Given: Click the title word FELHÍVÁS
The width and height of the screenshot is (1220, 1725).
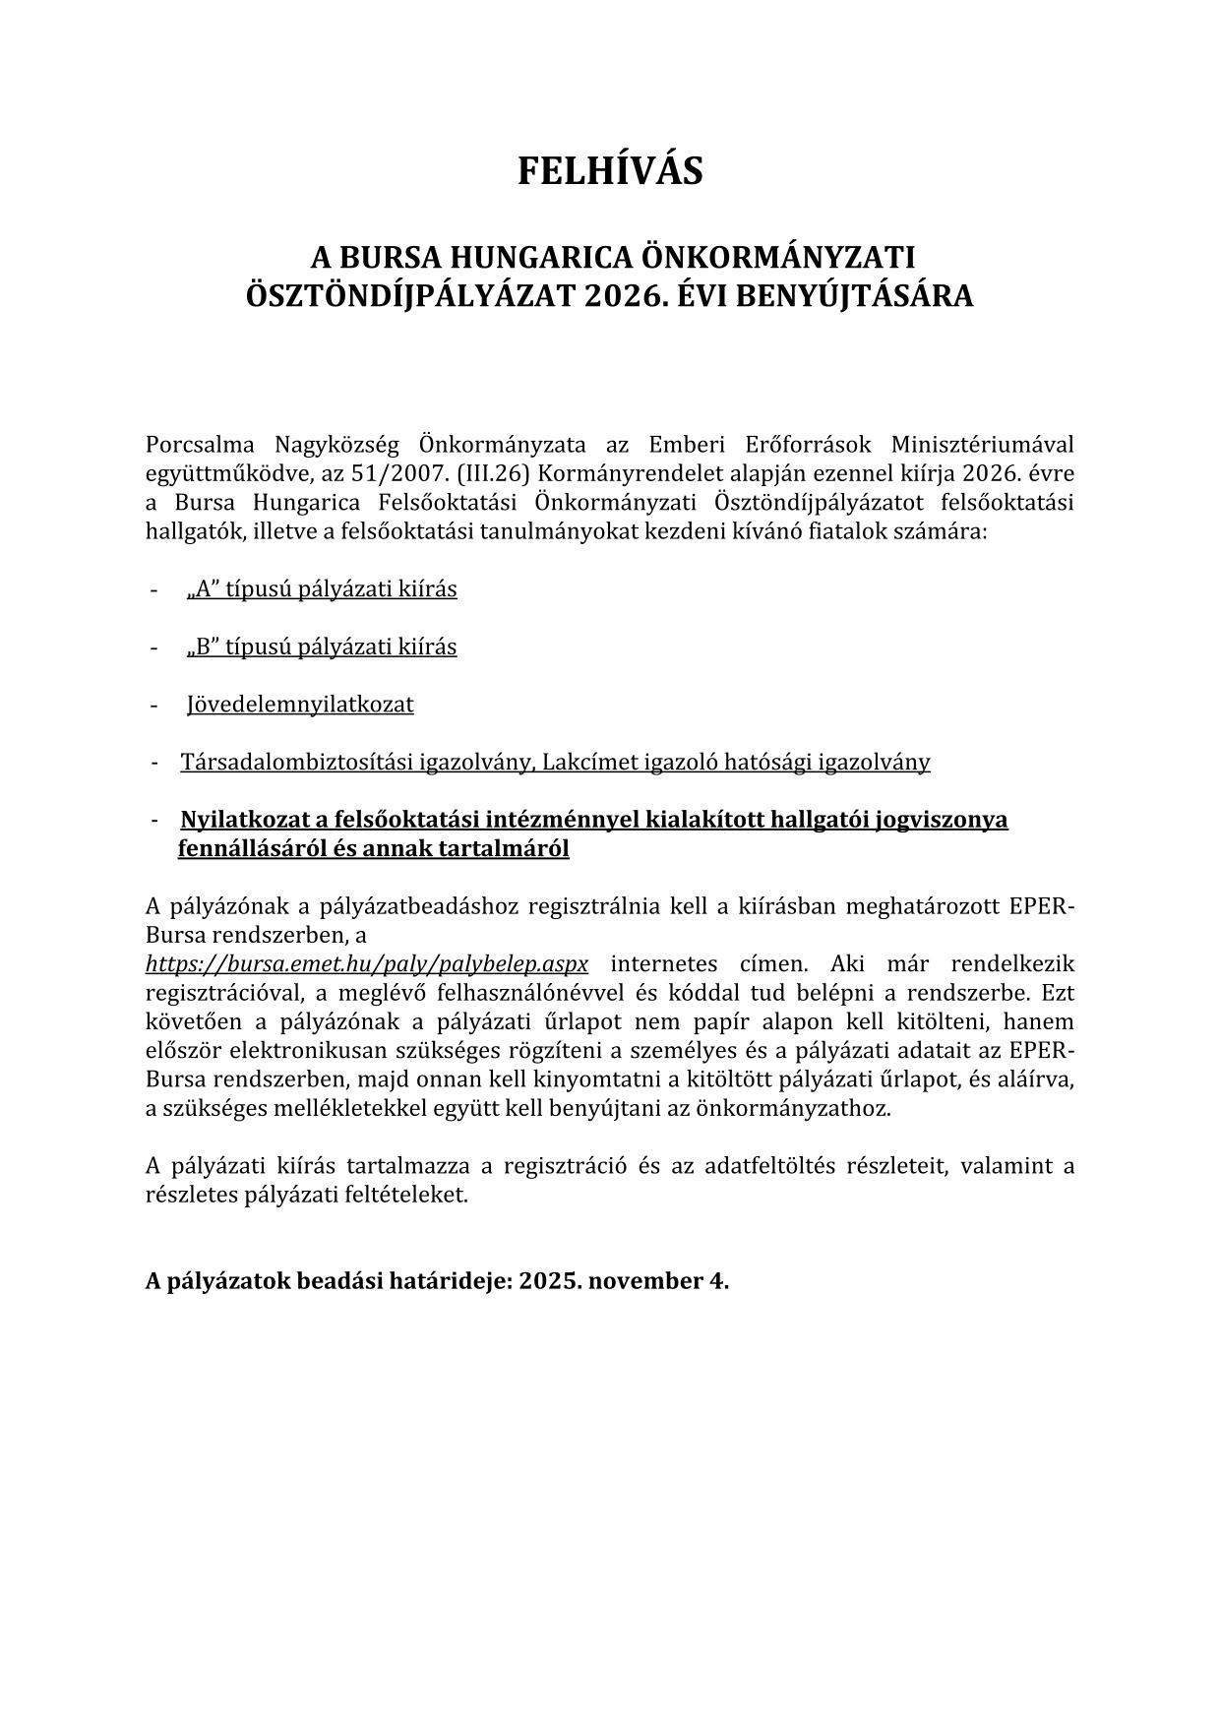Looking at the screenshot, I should (610, 171).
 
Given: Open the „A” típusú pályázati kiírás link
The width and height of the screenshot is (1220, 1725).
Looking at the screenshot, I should (322, 589).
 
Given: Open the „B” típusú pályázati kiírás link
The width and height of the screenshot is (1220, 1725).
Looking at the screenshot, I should (322, 647).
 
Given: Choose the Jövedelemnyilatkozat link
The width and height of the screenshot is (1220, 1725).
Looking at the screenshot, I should (300, 705).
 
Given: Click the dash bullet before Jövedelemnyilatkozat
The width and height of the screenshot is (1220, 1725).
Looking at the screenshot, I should (154, 705).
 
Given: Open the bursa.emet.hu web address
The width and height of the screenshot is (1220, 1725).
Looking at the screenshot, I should (367, 963).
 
